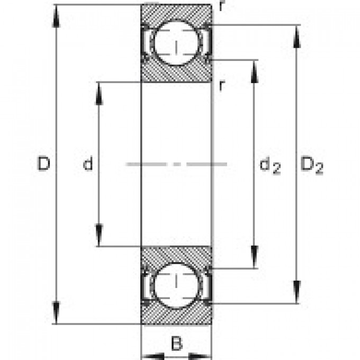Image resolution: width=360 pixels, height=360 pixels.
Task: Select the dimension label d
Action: pos(88,165)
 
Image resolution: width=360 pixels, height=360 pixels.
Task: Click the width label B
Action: pos(176,344)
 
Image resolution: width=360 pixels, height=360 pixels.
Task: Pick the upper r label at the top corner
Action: pos(219,6)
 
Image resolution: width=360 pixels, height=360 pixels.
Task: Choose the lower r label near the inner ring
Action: pos(222,85)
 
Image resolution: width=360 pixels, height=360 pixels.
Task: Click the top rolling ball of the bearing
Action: pos(176,44)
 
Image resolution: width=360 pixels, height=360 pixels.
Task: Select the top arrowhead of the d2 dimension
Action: pos(255,71)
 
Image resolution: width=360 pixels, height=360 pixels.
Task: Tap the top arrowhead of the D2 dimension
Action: pos(297,35)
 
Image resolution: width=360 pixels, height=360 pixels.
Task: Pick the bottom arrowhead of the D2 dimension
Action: pos(297,293)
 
